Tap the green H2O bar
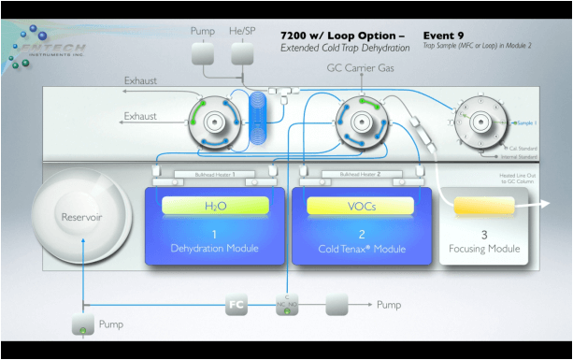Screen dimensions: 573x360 click(215, 206)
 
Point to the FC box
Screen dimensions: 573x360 click(237, 306)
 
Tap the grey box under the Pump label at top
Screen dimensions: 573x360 click(203, 54)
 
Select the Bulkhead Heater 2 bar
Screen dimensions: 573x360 click(359, 174)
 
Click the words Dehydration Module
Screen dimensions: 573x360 click(214, 249)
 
